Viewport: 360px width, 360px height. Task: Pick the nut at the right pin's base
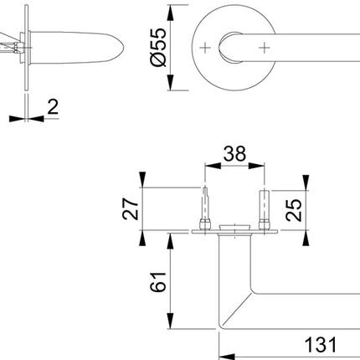pos(265,226)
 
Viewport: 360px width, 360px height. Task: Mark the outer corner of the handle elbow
pos(220,327)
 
